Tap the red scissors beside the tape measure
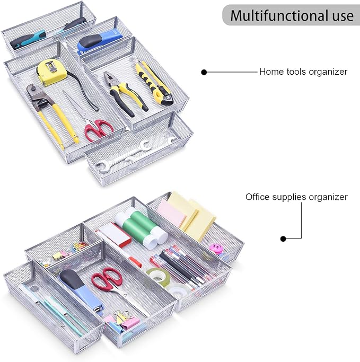99,128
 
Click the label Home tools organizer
303,72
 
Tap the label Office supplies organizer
296,197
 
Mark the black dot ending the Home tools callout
204,72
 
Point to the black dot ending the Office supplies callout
283,239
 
